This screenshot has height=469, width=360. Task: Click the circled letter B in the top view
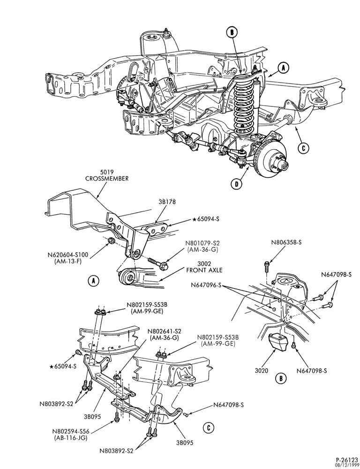click(x=232, y=32)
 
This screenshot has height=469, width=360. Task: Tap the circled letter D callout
click(x=237, y=184)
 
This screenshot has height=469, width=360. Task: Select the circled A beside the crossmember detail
click(x=94, y=281)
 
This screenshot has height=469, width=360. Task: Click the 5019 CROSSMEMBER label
click(x=107, y=175)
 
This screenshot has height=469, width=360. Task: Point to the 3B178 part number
click(x=167, y=202)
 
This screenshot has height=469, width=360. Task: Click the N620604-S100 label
click(x=68, y=258)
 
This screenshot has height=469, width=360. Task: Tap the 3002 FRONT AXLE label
click(x=204, y=267)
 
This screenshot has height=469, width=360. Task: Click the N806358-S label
click(x=286, y=242)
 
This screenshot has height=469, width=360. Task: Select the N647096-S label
click(x=206, y=285)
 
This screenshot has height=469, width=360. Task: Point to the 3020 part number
click(x=262, y=371)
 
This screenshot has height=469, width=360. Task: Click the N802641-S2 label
click(x=164, y=335)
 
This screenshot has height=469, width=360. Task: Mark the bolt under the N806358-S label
click(x=267, y=267)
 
